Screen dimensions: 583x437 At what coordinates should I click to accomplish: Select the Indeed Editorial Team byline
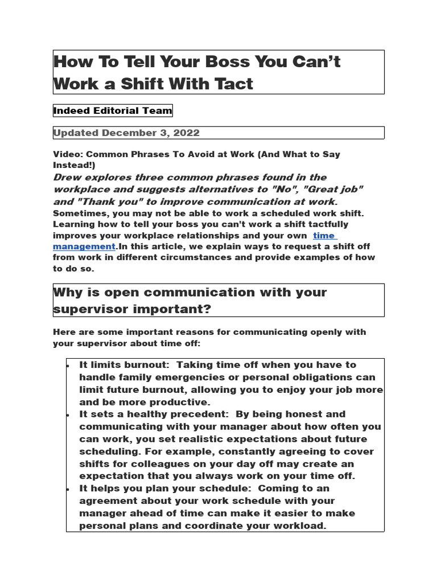click(x=113, y=111)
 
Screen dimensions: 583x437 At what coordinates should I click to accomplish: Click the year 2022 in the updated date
click(x=183, y=133)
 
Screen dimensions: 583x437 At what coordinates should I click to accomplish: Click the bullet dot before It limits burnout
click(x=68, y=365)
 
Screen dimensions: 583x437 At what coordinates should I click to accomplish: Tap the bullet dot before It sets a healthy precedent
click(x=68, y=414)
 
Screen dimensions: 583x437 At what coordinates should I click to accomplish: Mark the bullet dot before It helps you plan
click(x=68, y=488)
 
